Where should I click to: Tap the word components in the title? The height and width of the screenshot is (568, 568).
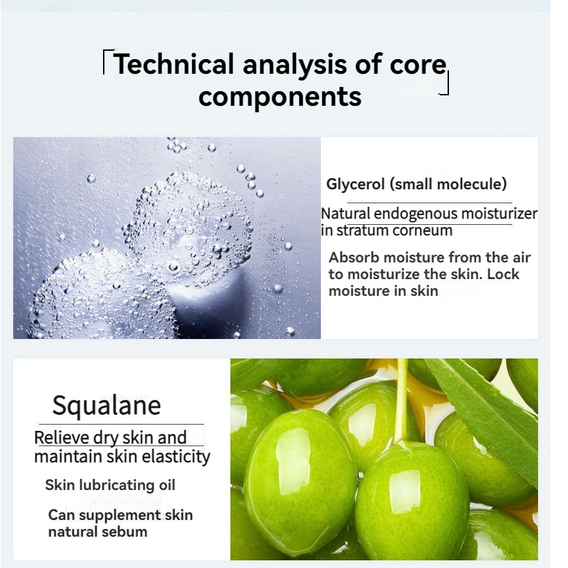tap(280, 97)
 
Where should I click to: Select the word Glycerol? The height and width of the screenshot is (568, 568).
tap(356, 184)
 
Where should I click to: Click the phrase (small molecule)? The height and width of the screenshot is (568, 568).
tap(448, 184)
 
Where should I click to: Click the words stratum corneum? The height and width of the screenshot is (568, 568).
tap(395, 230)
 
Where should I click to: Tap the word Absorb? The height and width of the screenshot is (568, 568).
tap(354, 258)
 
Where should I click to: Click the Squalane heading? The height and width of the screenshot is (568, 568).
tap(106, 406)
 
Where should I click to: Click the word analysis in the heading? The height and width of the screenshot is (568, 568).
tap(294, 65)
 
